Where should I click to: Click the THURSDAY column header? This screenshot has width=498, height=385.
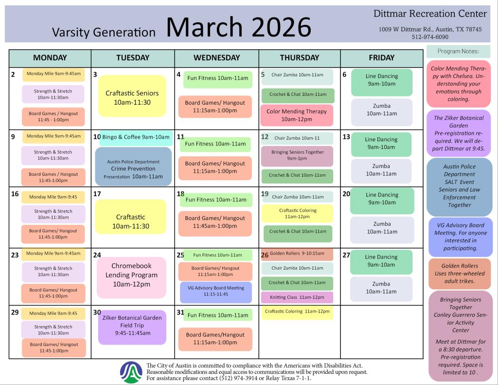[300, 58]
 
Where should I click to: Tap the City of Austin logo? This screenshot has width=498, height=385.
[131, 372]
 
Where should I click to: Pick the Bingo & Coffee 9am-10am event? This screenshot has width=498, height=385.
[136, 137]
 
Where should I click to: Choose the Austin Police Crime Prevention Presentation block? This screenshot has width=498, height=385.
[133, 166]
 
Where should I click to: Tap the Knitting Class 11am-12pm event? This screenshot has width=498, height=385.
[297, 297]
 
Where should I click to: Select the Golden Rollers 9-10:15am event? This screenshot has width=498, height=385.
[297, 254]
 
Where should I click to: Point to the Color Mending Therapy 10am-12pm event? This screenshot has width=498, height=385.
[297, 115]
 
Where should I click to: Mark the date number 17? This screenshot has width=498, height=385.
[97, 194]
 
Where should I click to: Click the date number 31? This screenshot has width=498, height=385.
[180, 312]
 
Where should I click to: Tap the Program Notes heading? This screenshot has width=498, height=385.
[458, 52]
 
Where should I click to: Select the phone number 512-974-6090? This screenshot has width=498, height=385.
[430, 37]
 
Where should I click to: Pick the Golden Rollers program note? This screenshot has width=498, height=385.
[460, 274]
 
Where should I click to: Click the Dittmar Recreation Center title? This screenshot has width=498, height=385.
[430, 14]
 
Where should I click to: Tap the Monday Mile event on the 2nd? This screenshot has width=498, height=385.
[53, 74]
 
